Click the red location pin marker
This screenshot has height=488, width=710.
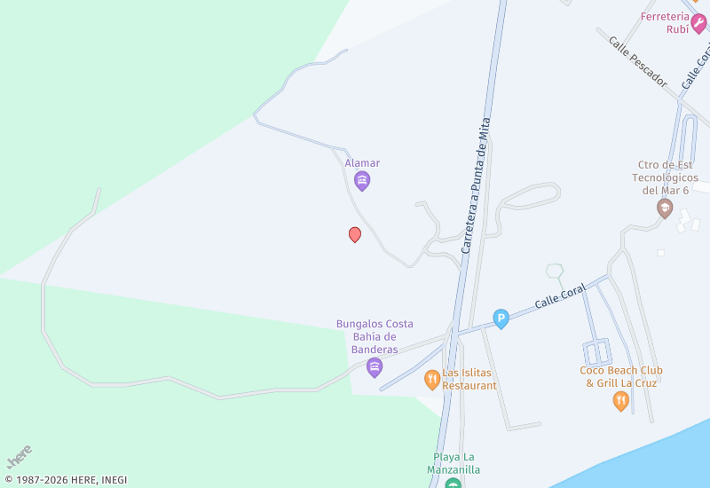coord(355,234)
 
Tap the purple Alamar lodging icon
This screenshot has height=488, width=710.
coord(362,182)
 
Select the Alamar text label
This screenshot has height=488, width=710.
coord(362,163)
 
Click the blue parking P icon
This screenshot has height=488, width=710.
coord(501,319)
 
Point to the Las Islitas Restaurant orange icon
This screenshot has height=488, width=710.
coord(432,380)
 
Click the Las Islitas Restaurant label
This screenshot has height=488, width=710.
coord(469,380)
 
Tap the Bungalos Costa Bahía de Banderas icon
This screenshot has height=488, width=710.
coord(375,367)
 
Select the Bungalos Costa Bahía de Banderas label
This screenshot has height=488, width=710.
coord(375,336)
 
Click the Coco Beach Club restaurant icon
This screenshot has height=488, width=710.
coord(621,401)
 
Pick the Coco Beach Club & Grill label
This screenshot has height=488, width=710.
coord(621,376)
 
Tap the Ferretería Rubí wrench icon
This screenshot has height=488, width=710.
coord(698,23)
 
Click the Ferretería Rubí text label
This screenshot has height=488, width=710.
coord(666,22)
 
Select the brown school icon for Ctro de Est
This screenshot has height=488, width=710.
coord(665,209)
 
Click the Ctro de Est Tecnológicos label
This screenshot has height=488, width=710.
coord(665,177)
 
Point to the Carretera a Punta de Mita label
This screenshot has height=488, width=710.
coord(476,186)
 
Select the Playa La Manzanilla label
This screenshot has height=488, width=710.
coord(454,463)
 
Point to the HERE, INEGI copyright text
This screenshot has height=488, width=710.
coord(66,480)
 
